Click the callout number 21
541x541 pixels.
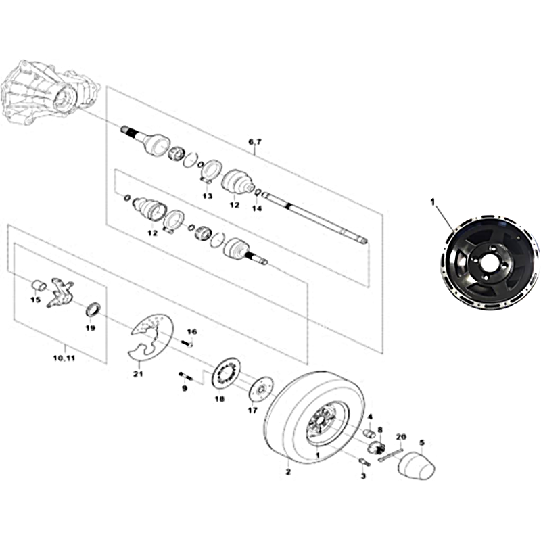[138, 374]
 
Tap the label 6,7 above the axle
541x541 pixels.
[255, 142]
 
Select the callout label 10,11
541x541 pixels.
[64, 358]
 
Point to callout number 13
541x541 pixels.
[207, 197]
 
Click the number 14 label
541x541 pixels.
[257, 208]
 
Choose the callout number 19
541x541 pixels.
[91, 328]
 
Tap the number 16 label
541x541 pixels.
[192, 331]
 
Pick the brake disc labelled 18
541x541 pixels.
[226, 375]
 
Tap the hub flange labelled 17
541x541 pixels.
[262, 390]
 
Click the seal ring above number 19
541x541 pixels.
[93, 309]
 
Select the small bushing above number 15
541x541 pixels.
[39, 286]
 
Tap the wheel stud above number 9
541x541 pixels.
[185, 377]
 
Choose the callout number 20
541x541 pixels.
[401, 437]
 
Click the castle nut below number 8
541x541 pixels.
[377, 448]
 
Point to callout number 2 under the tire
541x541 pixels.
[289, 471]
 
